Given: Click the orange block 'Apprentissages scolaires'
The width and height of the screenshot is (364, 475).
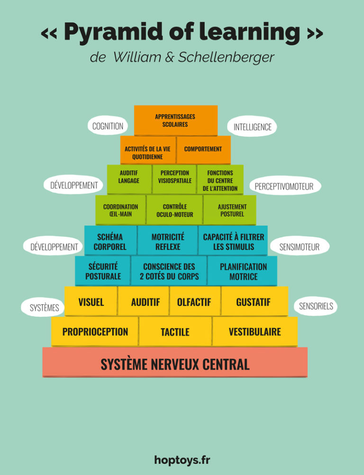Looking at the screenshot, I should tap(175, 121).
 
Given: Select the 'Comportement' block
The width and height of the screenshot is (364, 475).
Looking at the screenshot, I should tap(203, 149).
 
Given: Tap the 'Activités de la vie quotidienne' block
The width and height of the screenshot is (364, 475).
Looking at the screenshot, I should tap(147, 152).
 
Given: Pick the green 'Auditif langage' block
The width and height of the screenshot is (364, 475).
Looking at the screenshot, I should tap(129, 177).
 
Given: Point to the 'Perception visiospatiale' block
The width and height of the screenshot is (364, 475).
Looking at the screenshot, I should tap(174, 177).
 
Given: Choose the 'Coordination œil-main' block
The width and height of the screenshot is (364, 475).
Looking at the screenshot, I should tap(120, 210).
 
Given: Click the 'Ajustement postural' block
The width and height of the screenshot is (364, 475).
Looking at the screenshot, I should tap(231, 210).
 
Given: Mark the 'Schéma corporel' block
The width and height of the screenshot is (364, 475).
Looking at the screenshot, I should tap(110, 241).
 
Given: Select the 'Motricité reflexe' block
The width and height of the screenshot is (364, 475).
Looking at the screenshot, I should tap(168, 241).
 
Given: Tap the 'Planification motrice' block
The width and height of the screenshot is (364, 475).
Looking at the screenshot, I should tap(243, 271).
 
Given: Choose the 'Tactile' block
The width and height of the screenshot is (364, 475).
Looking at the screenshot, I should tap(175, 332).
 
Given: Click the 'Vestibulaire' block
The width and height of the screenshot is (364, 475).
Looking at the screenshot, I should tap(255, 331).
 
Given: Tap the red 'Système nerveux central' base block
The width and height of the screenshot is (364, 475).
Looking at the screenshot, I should tap(175, 364).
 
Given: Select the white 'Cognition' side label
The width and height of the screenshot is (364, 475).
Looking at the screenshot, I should tap(108, 126).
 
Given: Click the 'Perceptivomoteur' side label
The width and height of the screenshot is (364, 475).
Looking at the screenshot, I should tap(284, 186).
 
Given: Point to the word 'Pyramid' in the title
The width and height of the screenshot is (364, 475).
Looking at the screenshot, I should tap(110, 32).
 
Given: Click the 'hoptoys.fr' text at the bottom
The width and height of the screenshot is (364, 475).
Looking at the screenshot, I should tap(182, 459).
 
